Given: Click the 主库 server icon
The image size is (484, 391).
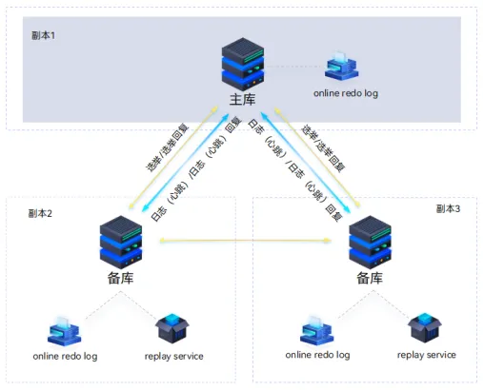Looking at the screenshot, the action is (x=243, y=65).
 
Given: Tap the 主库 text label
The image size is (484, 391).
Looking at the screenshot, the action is (x=243, y=100).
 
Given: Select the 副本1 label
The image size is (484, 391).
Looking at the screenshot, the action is (x=43, y=35).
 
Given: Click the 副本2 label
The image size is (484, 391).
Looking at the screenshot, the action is (x=40, y=213).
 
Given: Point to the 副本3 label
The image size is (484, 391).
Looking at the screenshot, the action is (x=448, y=208).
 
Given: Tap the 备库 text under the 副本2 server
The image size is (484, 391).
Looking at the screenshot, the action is (x=120, y=278).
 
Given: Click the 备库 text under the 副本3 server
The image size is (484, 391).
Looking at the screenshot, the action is (x=370, y=278).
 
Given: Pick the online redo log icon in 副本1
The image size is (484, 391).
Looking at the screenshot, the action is (x=341, y=66).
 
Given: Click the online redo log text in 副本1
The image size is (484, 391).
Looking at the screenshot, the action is (x=346, y=93).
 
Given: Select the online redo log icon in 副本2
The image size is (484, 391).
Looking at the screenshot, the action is (x=64, y=330).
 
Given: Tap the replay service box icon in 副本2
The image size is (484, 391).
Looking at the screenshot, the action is (x=172, y=328).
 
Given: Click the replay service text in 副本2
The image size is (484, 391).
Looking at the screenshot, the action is (x=174, y=357).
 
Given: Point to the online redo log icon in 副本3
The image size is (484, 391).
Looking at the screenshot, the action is (x=317, y=330).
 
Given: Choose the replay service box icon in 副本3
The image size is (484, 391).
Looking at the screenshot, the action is (x=425, y=328).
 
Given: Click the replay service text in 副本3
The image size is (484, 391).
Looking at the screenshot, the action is (x=427, y=355).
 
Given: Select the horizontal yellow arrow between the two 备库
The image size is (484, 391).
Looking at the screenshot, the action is (x=245, y=241).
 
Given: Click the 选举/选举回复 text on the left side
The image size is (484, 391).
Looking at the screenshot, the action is (x=168, y=147).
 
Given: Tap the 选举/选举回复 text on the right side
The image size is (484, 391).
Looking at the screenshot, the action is (x=323, y=148).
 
